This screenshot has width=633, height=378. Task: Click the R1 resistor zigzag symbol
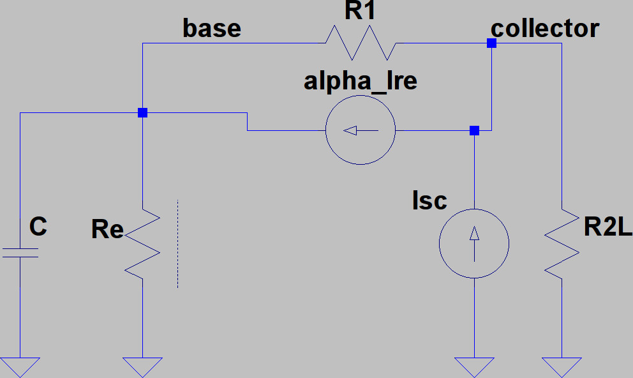point(361,43)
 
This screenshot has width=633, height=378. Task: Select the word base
point(212,28)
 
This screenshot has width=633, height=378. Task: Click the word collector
point(545,28)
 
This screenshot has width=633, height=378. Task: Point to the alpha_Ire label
point(361,81)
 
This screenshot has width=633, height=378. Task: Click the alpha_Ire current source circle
point(361,130)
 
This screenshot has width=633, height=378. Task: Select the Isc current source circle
point(474,243)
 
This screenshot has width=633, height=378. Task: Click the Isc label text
point(429,200)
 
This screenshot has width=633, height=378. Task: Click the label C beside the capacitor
point(38,227)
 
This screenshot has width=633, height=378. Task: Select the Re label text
point(107,229)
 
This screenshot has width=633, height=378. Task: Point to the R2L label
point(607,227)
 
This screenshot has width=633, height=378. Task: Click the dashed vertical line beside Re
point(177,244)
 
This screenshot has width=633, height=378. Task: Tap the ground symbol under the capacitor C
point(20,367)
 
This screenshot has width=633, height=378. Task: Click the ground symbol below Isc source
point(474,367)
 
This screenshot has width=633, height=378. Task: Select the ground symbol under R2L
point(562,367)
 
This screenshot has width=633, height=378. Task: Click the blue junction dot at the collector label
point(491,43)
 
